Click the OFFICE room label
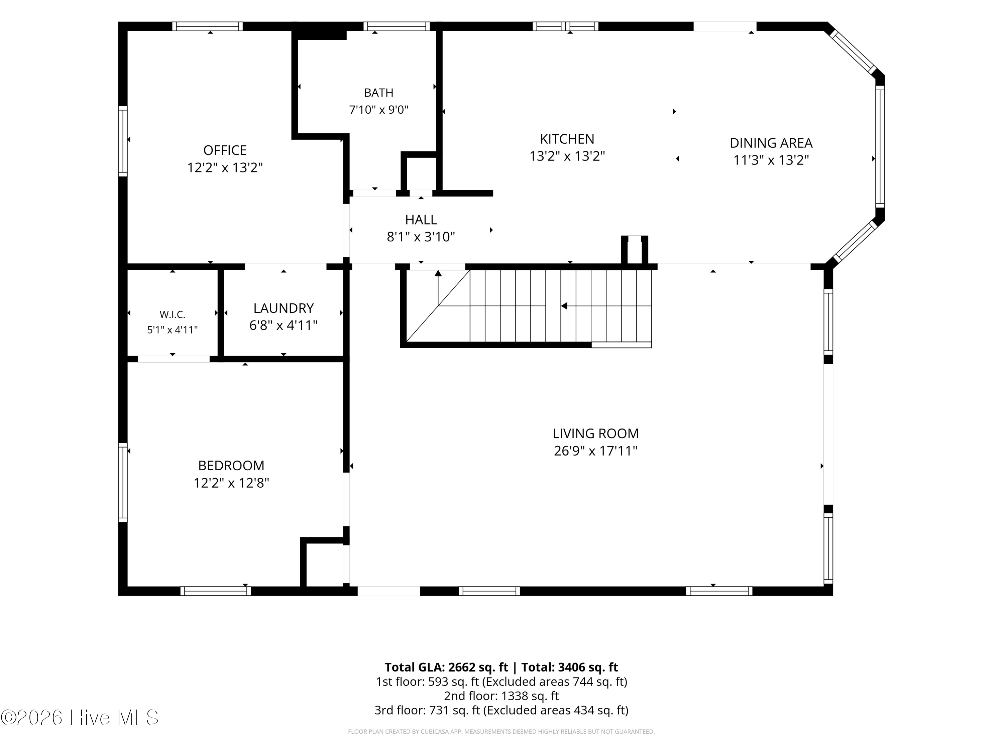225,150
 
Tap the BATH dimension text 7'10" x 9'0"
378,110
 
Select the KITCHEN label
567,139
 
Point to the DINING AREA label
771,143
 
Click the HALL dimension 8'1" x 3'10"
421,237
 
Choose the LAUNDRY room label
284,308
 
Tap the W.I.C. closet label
172,315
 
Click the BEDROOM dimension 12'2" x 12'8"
231,483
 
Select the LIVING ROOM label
595,433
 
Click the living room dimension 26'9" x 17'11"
595,451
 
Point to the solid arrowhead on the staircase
564,306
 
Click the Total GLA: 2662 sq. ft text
446,667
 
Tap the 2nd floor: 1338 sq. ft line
501,696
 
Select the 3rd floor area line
501,710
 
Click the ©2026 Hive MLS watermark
80,717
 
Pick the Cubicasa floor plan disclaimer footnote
501,732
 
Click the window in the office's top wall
207,26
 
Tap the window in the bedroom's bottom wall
215,591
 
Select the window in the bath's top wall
396,26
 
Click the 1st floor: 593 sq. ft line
501,682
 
